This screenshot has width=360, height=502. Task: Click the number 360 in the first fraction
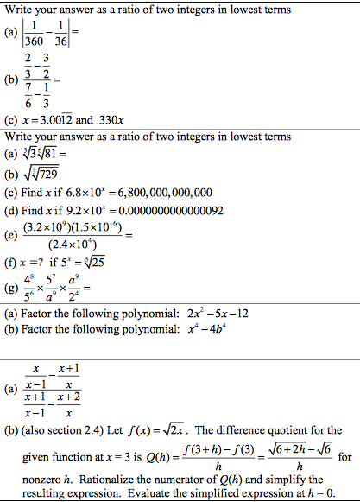[33, 41]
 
